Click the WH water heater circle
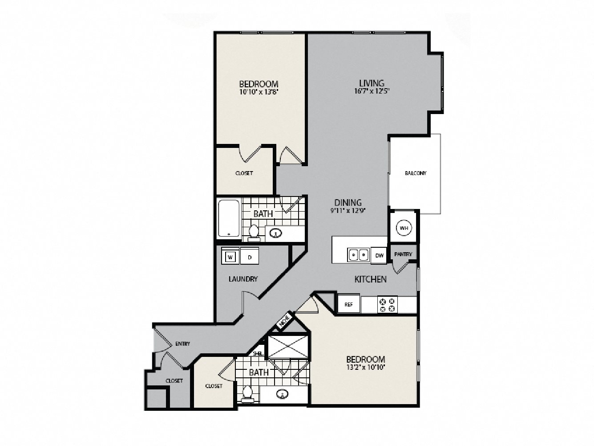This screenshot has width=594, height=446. [404, 228]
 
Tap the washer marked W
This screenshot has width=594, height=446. [230, 257]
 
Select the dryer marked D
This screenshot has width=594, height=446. [250, 257]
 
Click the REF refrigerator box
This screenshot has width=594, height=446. [349, 305]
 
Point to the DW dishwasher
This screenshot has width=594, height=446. [379, 256]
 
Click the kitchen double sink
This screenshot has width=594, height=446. [358, 255]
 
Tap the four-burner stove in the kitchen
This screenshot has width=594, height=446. [387, 305]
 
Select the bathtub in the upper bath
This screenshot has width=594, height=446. [229, 218]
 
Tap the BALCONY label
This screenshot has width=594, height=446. [416, 173]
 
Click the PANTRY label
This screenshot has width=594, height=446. [403, 254]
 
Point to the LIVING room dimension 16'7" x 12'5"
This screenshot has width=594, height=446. [372, 92]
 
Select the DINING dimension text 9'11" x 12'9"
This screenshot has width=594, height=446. [348, 211]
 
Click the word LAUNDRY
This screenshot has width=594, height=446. [243, 279]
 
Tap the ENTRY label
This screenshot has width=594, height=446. [182, 344]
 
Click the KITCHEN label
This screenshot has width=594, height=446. [370, 279]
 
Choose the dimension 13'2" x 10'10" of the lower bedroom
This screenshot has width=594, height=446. [365, 368]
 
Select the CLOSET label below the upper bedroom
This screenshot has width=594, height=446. [244, 173]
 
